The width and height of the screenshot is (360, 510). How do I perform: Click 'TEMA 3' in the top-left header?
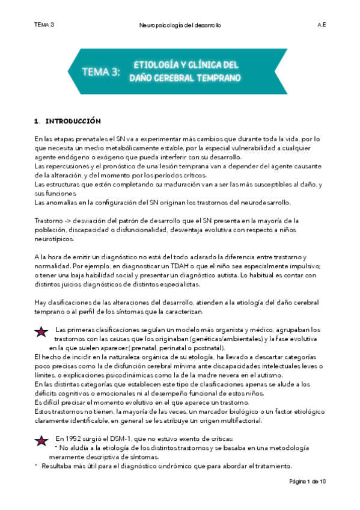(44, 25)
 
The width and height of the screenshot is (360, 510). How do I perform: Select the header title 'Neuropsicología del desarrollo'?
(180, 26)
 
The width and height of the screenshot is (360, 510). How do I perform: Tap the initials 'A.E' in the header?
(322, 25)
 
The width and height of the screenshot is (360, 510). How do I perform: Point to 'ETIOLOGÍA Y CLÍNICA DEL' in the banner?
(185, 64)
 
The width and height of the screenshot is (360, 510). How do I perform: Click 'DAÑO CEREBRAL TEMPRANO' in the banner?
(185, 78)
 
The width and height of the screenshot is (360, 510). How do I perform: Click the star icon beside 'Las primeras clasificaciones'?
(41, 331)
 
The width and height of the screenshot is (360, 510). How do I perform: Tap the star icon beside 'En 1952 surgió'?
(41, 441)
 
